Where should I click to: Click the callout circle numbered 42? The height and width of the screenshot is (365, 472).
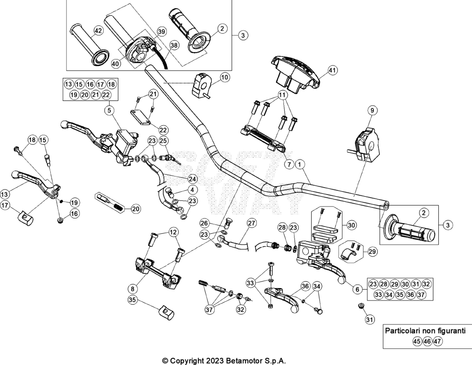98,31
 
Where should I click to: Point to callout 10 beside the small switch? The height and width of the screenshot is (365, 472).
224,77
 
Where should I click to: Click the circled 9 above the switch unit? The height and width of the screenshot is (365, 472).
372,111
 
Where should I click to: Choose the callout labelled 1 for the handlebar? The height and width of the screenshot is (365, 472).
300,164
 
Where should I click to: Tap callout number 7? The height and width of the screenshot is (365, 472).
289,164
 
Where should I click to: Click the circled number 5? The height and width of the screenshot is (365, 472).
109,111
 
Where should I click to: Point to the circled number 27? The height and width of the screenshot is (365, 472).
252,223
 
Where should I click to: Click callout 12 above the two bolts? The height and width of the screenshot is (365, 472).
173,232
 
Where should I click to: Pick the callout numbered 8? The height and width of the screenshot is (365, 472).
132,289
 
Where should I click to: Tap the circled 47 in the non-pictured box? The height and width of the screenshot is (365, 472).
438,341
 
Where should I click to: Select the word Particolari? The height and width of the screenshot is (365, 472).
404,331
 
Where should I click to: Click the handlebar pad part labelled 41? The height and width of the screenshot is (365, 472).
295,73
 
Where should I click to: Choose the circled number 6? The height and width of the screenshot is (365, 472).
357,289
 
